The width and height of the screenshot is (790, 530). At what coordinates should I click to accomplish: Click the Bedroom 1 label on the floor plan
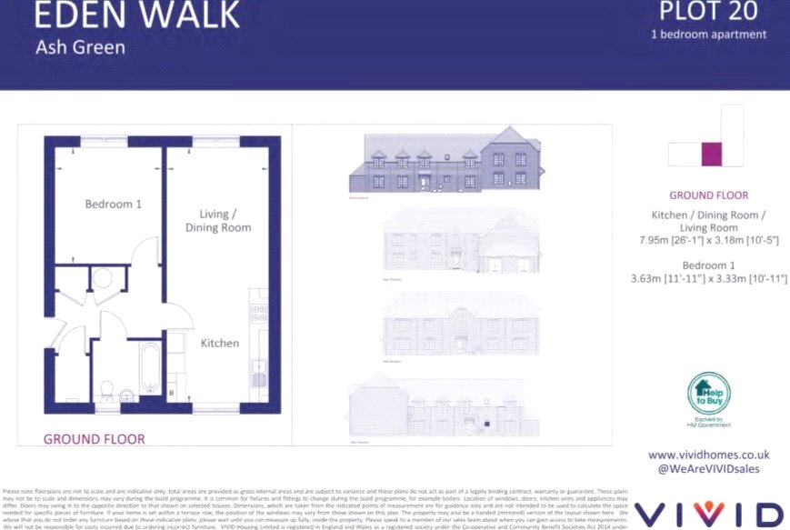pos(113,205)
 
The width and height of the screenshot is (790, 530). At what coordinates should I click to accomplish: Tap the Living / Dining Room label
pos(218,221)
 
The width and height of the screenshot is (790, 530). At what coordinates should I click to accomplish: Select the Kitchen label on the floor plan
pos(220,343)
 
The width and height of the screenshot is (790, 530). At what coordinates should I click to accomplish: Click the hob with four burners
pos(259,314)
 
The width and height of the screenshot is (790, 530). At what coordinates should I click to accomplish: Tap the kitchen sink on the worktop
pos(260,368)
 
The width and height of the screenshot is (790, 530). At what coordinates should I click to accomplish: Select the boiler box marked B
pos(172,392)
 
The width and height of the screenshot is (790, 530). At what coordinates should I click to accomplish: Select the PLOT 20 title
pos(708,12)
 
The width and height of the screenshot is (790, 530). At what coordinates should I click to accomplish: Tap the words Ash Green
pos(80,46)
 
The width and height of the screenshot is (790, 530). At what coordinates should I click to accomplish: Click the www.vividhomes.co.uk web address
pos(708,455)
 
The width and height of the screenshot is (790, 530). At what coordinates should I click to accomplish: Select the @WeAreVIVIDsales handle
pos(708,469)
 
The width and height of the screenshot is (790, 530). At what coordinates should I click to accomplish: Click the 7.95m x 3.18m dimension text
pos(708,240)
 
